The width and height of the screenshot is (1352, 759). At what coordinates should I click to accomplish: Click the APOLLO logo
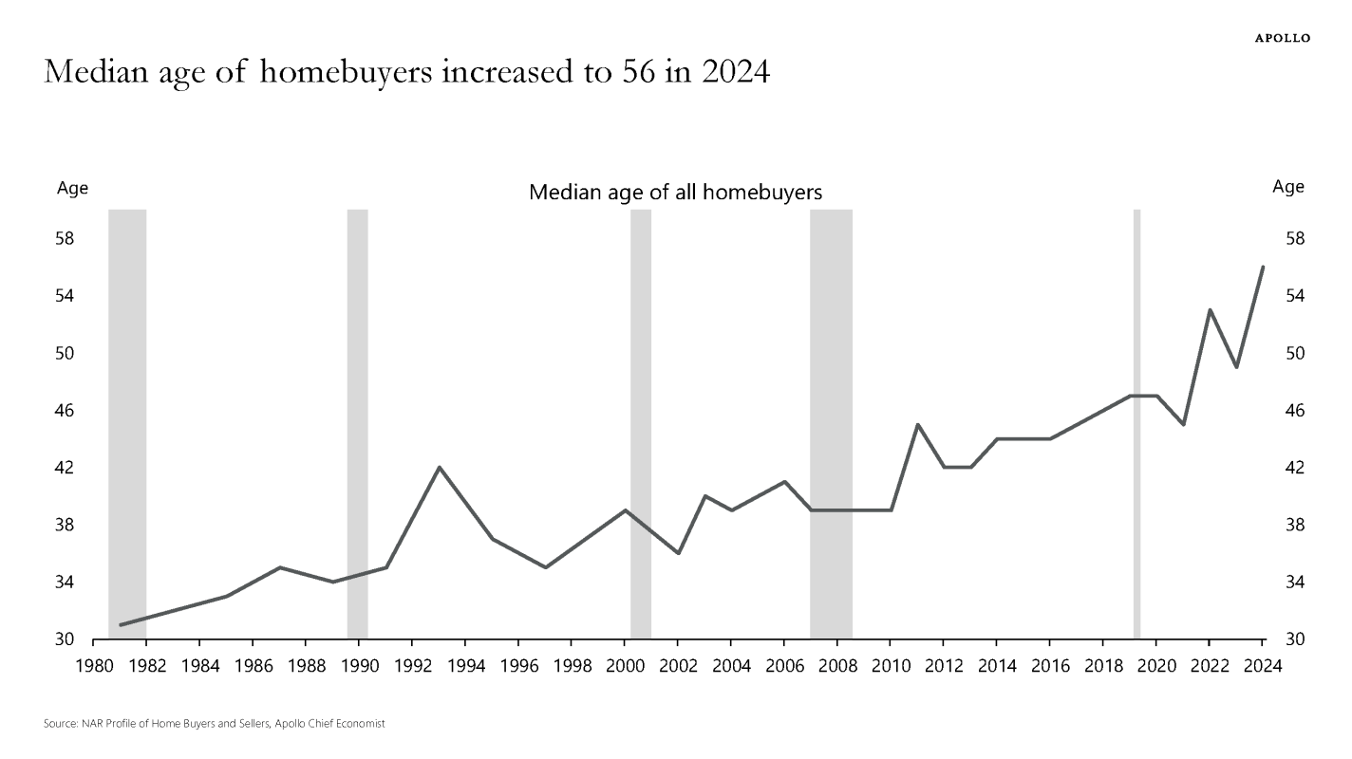tap(1282, 38)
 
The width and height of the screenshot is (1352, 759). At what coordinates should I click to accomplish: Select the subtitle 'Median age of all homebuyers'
tap(675, 193)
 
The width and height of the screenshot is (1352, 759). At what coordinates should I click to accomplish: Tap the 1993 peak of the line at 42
tap(439, 468)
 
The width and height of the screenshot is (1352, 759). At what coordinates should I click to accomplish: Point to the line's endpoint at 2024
tap(1263, 268)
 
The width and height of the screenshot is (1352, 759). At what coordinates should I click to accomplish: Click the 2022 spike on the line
tap(1210, 310)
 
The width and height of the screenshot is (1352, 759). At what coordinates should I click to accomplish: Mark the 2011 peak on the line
tap(917, 425)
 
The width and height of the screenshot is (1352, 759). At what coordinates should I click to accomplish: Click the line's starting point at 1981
tap(121, 625)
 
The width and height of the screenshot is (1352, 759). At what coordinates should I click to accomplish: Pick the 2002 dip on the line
tap(678, 553)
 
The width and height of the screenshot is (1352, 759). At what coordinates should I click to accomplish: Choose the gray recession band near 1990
tap(357, 423)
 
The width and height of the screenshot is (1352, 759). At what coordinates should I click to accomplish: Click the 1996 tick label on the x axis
tap(518, 666)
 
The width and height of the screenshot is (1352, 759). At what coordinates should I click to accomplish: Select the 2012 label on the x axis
tap(944, 666)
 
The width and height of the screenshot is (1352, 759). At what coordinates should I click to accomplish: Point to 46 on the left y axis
tap(66, 411)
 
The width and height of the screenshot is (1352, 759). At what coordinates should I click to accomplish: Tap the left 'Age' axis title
tap(73, 188)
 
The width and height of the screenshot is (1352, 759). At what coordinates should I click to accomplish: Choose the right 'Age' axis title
tap(1288, 187)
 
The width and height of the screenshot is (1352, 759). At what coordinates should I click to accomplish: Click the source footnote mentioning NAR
tap(214, 724)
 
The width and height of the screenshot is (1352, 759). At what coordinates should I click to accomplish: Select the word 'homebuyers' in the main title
tap(341, 73)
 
